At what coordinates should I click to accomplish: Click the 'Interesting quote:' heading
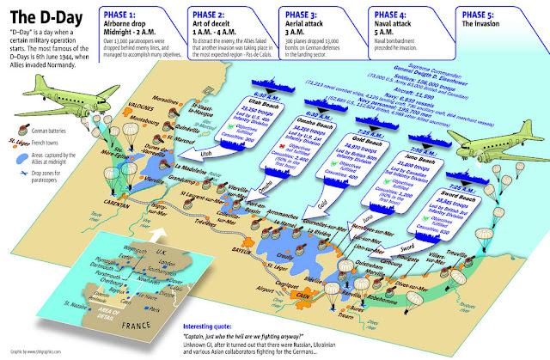point(212,326)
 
